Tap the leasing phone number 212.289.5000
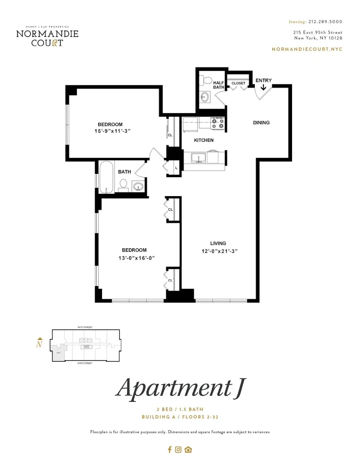coord(325,21)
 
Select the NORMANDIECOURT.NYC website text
coord(306,49)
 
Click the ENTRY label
coord(264,81)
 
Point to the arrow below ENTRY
coord(264,87)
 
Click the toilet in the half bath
coord(205,80)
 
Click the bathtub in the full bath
coord(106,177)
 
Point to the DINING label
coord(261,123)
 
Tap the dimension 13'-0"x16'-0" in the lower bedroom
coord(134,258)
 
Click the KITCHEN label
coord(204,140)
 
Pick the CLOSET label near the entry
coord(238,83)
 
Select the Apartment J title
coord(180,388)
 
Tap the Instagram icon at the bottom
coord(178,450)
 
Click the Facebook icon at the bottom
coord(170,450)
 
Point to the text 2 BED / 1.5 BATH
coord(180,409)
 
